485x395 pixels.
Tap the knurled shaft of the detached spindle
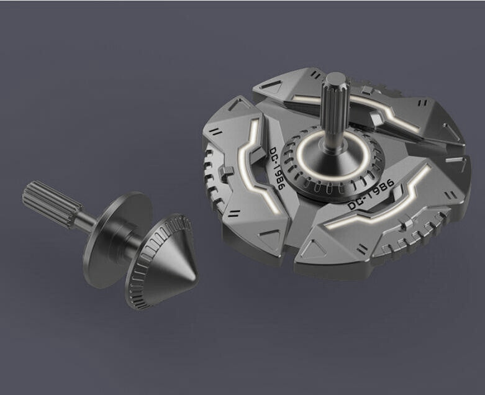click(x=53, y=204)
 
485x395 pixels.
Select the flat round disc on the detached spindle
click(x=117, y=240)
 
